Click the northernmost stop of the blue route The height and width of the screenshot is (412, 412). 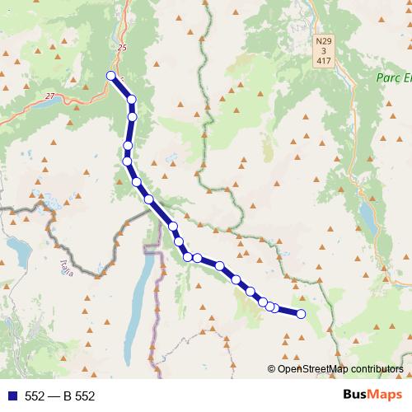[111, 76]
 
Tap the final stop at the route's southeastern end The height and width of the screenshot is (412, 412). [301, 313]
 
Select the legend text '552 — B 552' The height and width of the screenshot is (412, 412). [60, 396]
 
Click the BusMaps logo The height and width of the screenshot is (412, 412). [372, 396]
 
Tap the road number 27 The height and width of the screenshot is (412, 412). [49, 96]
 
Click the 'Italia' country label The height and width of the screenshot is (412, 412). [66, 268]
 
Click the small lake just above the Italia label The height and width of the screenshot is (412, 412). [16, 245]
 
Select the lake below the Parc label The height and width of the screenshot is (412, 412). [365, 213]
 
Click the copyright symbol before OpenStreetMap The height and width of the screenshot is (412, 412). [272, 368]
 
